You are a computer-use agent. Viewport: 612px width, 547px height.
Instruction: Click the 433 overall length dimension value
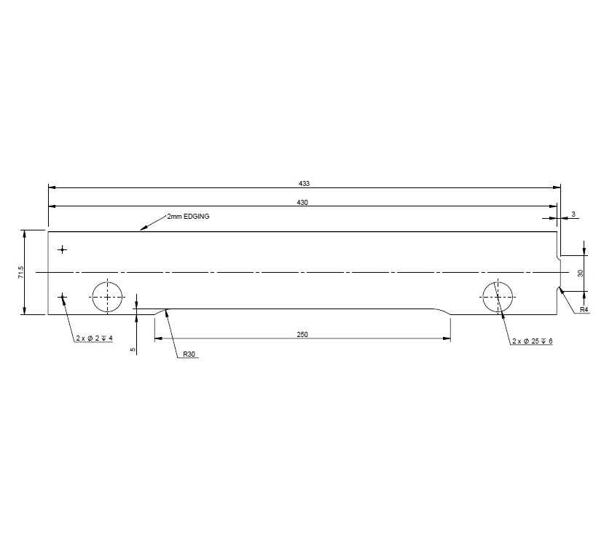[x=303, y=182]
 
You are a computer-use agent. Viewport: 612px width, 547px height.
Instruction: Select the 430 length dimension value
[x=303, y=202]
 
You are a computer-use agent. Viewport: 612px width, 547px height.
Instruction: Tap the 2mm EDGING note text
[x=188, y=217]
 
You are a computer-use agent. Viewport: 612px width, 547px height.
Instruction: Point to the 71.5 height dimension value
[x=21, y=272]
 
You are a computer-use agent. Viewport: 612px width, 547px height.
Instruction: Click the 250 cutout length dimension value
[x=303, y=335]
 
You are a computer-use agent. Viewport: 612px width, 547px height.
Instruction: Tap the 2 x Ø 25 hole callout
[x=532, y=341]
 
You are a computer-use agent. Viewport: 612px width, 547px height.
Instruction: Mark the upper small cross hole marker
[x=63, y=250]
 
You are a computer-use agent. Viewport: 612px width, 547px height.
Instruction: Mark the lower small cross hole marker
[x=63, y=297]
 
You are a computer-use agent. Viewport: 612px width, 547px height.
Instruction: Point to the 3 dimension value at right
[x=573, y=214]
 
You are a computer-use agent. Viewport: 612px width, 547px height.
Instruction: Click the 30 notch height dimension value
[x=581, y=273]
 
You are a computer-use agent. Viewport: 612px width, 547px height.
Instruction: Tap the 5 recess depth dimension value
[x=133, y=350]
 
